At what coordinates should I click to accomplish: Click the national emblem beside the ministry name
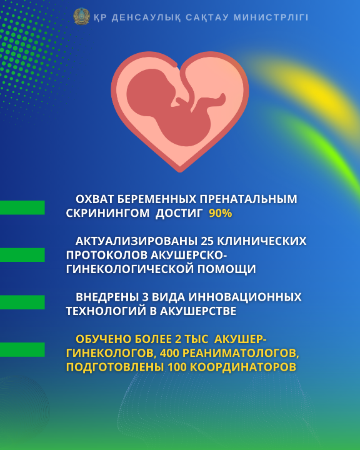click(81, 16)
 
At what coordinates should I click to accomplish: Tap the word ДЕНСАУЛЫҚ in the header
click(146, 17)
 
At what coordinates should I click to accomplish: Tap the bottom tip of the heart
click(180, 172)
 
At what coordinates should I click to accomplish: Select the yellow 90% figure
click(221, 213)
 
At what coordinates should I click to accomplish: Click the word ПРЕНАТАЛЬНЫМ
click(248, 199)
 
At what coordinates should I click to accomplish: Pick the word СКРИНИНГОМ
click(107, 213)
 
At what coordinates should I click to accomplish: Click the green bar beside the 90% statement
click(22, 207)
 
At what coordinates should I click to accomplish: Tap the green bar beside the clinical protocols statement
click(22, 255)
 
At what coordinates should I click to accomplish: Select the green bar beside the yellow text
click(22, 349)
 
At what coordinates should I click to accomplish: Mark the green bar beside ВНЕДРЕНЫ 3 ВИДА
click(22, 302)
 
